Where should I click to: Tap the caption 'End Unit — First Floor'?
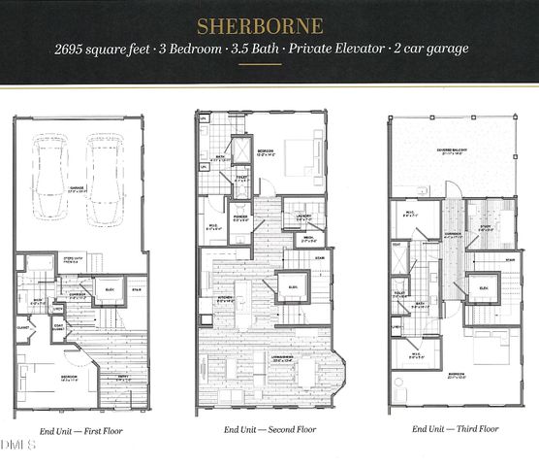point(81,429)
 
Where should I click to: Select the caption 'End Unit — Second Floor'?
point(270,429)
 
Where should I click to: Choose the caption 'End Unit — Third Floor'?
point(456,429)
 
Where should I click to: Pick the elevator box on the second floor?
point(292,287)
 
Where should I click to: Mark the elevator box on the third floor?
point(482,287)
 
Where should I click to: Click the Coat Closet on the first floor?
point(58,327)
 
